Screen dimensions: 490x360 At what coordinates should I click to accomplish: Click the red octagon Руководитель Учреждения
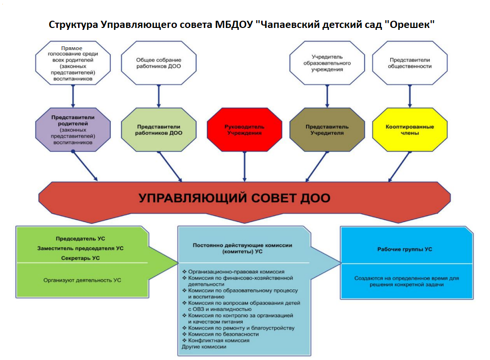[244, 130]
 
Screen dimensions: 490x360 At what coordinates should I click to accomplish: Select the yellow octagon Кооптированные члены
[410, 130]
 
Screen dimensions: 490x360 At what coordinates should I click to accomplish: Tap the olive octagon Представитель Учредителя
[327, 130]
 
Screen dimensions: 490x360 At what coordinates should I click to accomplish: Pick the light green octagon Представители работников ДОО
[159, 130]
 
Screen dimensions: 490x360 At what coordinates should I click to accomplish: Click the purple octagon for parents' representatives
[73, 130]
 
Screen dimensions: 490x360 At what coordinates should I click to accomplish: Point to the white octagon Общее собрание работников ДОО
[159, 63]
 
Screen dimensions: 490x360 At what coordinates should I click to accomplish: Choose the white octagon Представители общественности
[410, 63]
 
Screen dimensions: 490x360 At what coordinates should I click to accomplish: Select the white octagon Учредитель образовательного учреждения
[327, 63]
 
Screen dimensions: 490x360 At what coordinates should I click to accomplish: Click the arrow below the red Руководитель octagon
[244, 167]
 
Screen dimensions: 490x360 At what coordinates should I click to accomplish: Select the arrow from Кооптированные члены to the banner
[399, 167]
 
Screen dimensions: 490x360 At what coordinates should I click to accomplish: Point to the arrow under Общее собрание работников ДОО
[159, 96]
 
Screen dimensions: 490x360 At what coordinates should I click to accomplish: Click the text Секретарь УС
[80, 258]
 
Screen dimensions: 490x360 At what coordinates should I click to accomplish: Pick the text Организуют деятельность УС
[82, 280]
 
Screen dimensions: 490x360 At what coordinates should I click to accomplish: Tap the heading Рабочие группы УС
[405, 249]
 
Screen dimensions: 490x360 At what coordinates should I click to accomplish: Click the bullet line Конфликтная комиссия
[216, 341]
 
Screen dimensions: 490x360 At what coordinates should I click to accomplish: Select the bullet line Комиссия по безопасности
[221, 334]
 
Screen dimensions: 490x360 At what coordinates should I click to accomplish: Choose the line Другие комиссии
[204, 347]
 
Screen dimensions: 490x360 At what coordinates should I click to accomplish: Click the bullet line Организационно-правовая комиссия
[234, 272]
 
